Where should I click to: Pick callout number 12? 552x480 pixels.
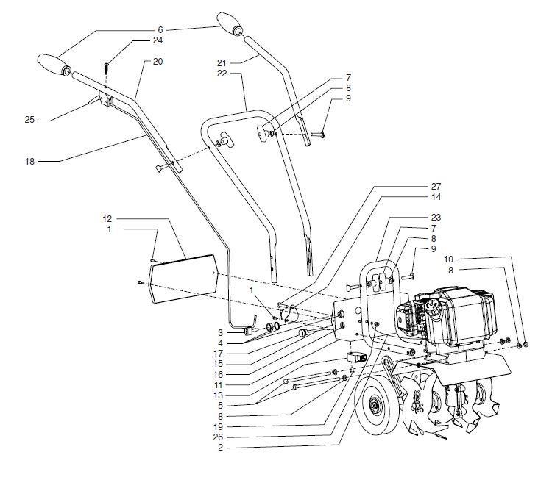click(x=107, y=219)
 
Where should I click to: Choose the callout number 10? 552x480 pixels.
click(x=449, y=259)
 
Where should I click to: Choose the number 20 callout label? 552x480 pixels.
click(x=158, y=62)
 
